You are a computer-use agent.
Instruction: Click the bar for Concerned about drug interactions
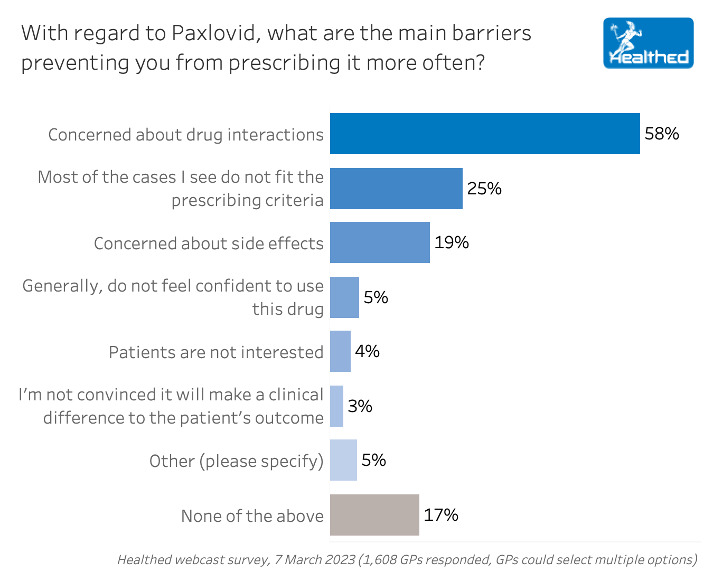[x=485, y=134]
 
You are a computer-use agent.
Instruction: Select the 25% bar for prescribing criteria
[x=396, y=189]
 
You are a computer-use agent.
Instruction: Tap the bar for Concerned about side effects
[x=380, y=242]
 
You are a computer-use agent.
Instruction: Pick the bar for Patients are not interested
[x=340, y=351]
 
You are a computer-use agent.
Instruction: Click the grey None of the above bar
[x=374, y=515]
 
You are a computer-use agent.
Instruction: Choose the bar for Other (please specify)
[x=343, y=460]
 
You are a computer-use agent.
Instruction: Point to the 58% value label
[x=662, y=134]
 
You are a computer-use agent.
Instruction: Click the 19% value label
[x=452, y=242]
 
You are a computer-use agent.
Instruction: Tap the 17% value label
[x=441, y=515]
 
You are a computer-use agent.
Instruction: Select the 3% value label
[x=360, y=406]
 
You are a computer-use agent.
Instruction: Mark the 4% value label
[x=367, y=351]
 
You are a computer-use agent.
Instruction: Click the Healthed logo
[x=648, y=43]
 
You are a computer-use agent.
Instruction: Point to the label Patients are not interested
[x=215, y=352]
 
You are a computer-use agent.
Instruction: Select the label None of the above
[x=252, y=516]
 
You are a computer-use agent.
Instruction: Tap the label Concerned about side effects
[x=208, y=243]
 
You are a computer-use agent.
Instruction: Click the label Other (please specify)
[x=236, y=461]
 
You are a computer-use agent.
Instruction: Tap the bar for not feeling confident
[x=344, y=297]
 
